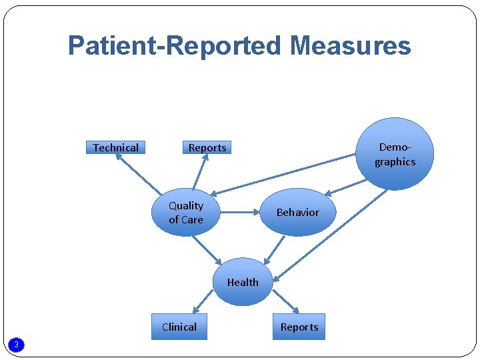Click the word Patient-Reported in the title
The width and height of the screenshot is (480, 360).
pos(175,46)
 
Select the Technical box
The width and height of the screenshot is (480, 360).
pos(116,147)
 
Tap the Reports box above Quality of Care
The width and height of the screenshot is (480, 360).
pos(207,147)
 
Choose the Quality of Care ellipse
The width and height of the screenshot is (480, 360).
pos(186,213)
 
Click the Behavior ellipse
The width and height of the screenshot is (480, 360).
pos(297,212)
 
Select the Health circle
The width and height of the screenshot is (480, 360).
pos(243,282)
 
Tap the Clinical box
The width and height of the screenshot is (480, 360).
pos(179,327)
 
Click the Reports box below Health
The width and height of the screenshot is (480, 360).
pos(299,327)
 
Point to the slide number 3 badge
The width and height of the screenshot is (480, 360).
pos(17,344)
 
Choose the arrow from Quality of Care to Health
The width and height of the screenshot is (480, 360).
pos(207,249)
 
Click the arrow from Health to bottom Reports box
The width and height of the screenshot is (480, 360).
pos(285,300)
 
